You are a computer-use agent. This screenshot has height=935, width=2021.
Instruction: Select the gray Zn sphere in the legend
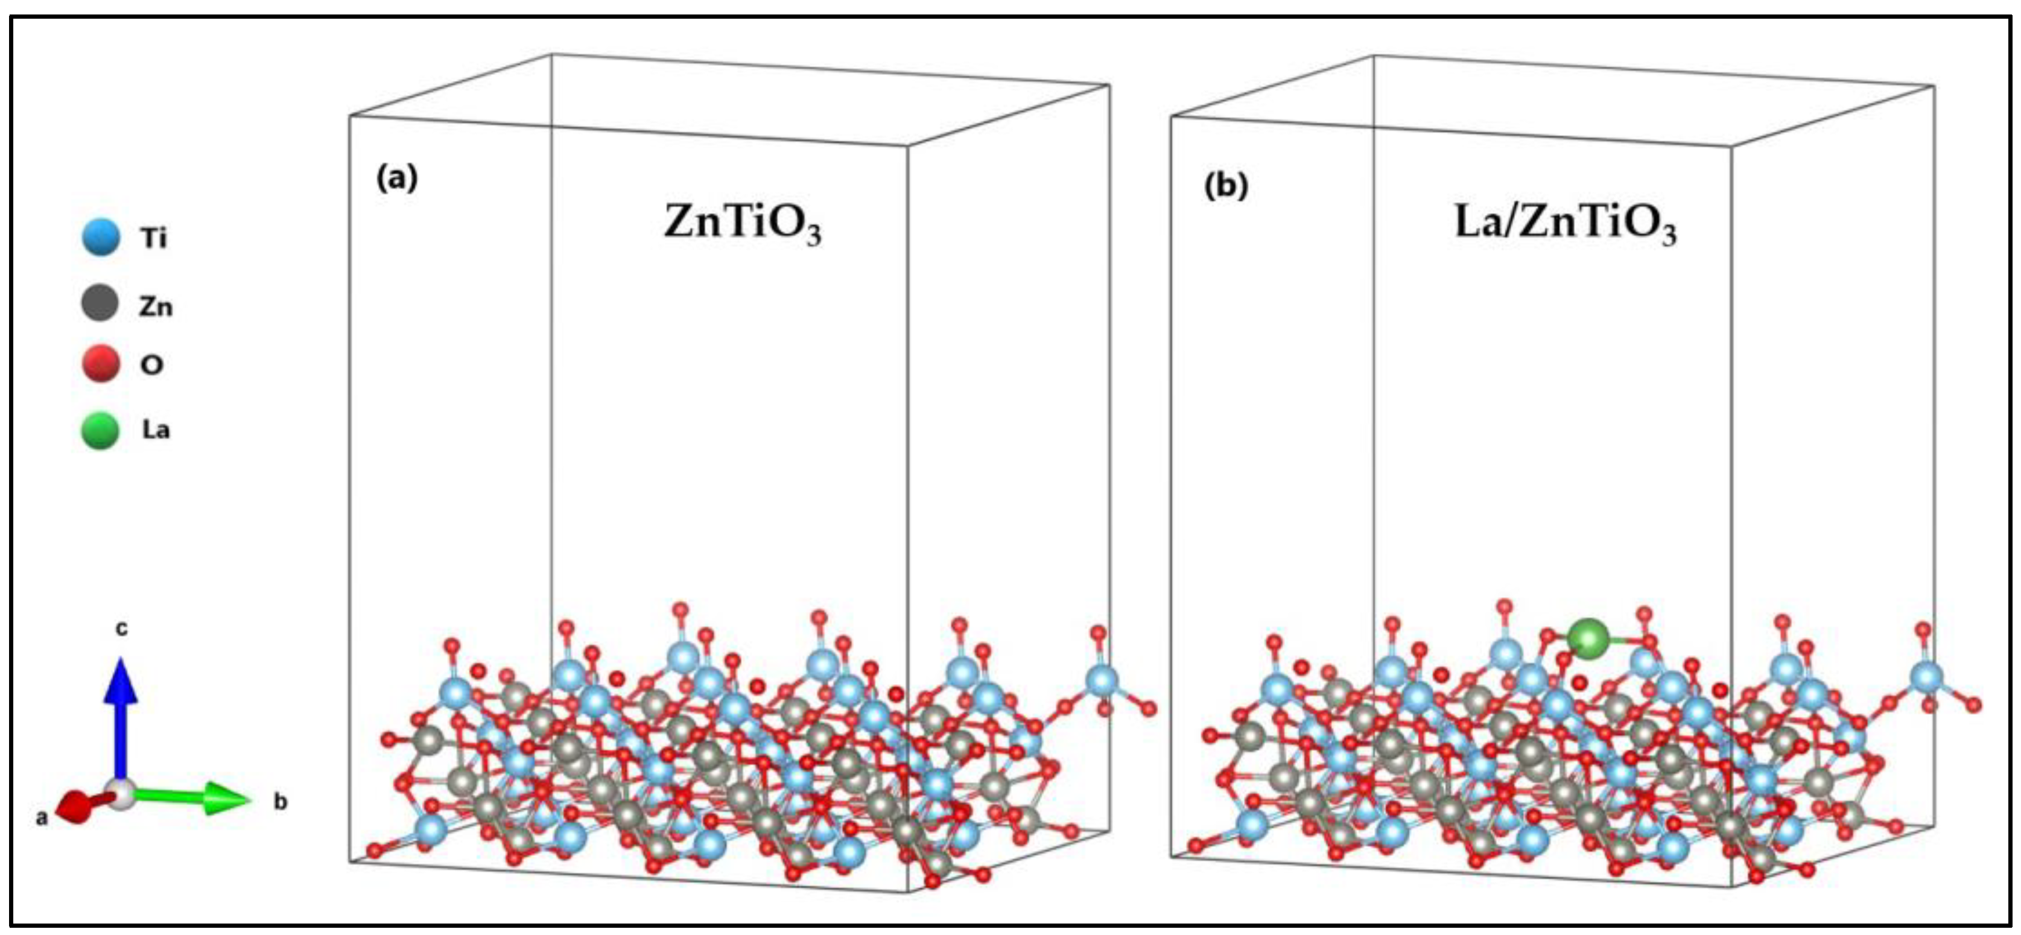coord(100,303)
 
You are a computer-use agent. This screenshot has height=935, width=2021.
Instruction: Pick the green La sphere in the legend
coord(100,430)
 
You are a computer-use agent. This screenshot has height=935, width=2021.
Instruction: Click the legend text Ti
coord(154,237)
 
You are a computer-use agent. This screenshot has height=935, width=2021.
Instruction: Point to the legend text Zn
coord(155,306)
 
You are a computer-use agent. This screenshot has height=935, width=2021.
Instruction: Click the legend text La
coord(155,430)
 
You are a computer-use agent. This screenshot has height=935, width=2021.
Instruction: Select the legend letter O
coord(151,365)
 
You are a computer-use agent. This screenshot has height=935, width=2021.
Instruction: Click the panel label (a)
coord(397,179)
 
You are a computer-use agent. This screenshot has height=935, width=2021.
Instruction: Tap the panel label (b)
coord(1225,186)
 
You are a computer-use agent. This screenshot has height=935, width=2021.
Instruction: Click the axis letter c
coord(122,629)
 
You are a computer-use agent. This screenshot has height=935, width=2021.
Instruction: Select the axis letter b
coord(280,802)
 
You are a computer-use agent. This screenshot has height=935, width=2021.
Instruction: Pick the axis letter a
coord(42,818)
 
